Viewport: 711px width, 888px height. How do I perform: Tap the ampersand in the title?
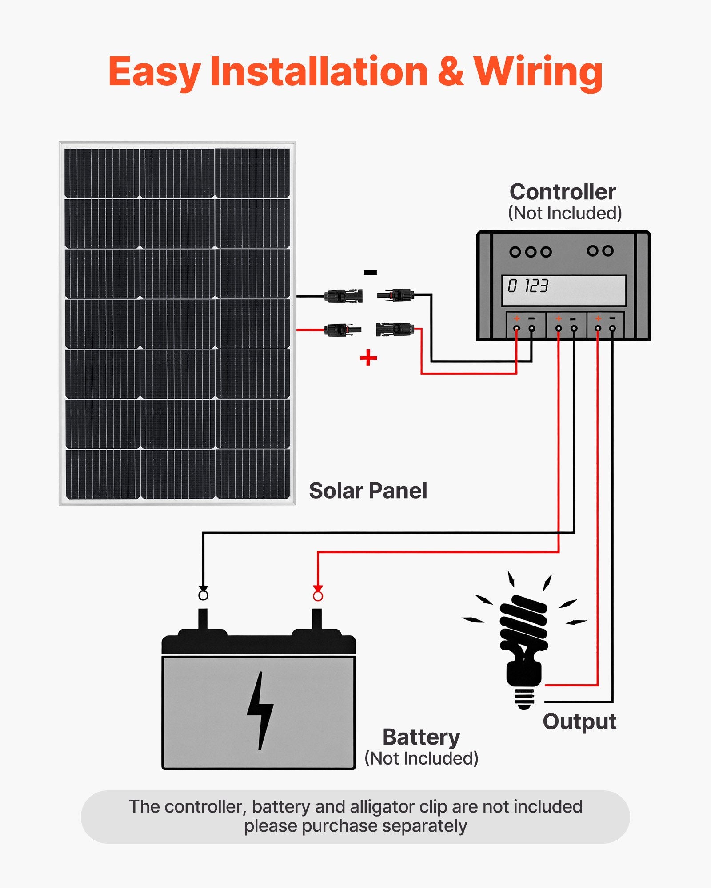[450, 72]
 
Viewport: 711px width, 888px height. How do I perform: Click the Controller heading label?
[563, 192]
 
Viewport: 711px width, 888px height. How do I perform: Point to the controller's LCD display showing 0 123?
[563, 290]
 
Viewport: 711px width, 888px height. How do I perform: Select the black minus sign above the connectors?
[370, 273]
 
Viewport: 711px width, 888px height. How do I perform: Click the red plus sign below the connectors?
[368, 358]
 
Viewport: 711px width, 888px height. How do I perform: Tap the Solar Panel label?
[368, 491]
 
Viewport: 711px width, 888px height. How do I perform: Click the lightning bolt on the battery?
[260, 710]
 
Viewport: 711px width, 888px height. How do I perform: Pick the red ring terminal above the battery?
[318, 596]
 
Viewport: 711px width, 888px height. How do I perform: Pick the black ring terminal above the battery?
[203, 595]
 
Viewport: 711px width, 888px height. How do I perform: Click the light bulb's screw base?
[524, 699]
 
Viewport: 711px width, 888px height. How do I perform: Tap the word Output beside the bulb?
[579, 721]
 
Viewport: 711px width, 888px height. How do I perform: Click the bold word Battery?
[421, 737]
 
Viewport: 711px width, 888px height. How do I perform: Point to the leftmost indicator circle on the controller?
[515, 252]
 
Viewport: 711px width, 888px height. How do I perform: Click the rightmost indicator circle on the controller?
[608, 251]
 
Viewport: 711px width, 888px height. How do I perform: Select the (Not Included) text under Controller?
[564, 213]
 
